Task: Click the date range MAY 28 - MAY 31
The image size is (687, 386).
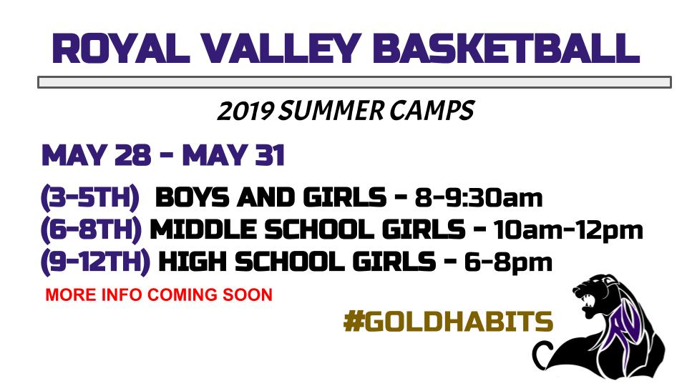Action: (163, 155)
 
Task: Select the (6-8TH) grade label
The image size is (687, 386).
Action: (92, 229)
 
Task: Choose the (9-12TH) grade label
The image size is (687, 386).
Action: (96, 262)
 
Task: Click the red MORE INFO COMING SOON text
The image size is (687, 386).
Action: (158, 295)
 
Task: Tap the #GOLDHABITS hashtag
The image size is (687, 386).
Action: (448, 322)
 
